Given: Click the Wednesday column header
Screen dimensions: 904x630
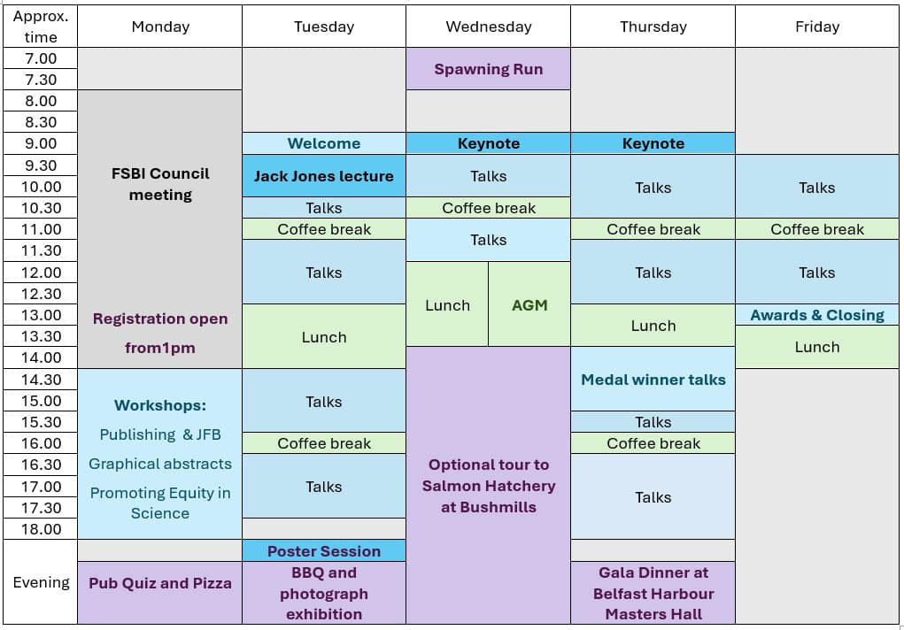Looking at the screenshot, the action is (x=489, y=27).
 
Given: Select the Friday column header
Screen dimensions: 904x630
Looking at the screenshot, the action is (x=817, y=27).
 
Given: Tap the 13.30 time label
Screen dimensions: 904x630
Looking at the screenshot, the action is (x=41, y=336).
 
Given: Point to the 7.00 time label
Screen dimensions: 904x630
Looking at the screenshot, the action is (x=41, y=58).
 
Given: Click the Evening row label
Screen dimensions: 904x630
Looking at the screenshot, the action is (x=41, y=582).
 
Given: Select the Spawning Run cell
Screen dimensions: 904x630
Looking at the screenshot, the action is (x=489, y=69).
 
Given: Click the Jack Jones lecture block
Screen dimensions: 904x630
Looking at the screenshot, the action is (x=324, y=176).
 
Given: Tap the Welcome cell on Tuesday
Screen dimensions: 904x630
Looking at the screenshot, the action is (x=324, y=143).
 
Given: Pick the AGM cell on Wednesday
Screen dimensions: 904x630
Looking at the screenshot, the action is (x=529, y=304).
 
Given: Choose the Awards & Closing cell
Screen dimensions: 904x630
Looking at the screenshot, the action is (x=817, y=315).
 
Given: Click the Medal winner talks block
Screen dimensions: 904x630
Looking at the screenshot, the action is (x=653, y=380).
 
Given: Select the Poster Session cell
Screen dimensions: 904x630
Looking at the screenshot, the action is (x=324, y=551).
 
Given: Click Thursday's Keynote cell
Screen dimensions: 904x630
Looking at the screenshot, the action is (x=653, y=143).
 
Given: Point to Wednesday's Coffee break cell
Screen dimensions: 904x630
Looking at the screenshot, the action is (x=489, y=208).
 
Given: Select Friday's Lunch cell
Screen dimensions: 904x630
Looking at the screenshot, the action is (x=817, y=347).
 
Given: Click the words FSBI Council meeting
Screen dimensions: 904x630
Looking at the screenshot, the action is (x=160, y=184).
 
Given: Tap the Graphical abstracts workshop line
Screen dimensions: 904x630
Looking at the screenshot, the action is (x=160, y=464).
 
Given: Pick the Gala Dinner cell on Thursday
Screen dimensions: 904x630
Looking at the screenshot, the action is (x=653, y=593).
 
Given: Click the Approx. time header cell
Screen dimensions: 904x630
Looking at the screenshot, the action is (x=41, y=27).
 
